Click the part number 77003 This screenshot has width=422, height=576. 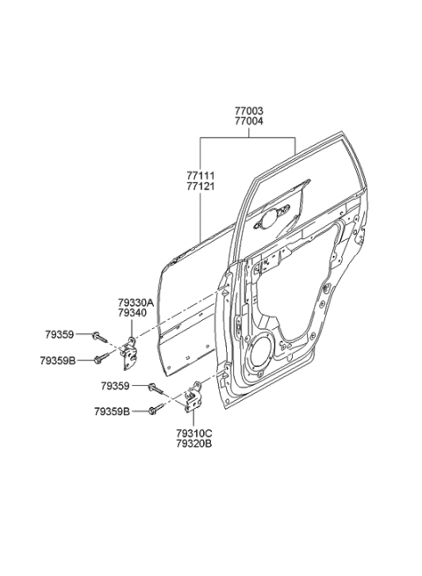coord(248,111)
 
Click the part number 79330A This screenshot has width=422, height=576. coord(135,303)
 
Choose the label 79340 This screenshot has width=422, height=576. coord(132,313)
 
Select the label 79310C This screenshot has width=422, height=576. coord(193,433)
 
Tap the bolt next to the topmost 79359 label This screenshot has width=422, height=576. coord(99,335)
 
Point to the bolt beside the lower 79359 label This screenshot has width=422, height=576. coord(157,386)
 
